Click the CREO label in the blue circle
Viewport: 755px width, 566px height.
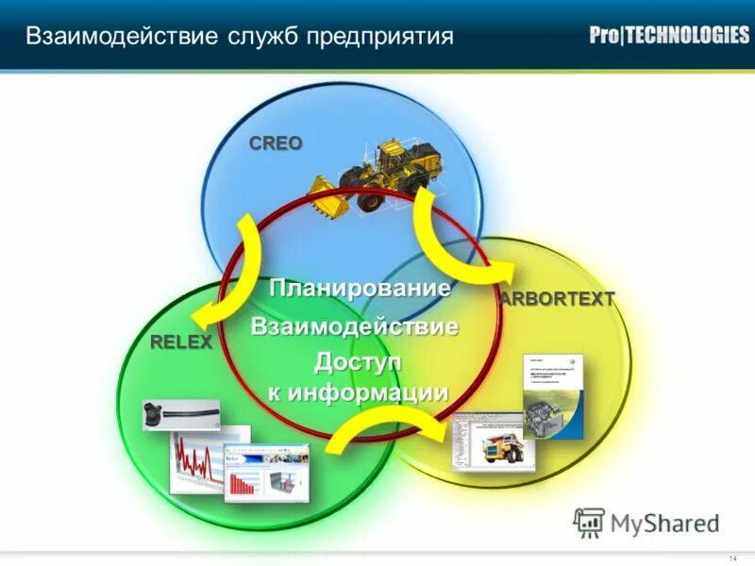click(x=276, y=143)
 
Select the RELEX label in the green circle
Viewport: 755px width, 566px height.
click(x=181, y=341)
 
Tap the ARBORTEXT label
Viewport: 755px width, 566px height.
click(x=557, y=299)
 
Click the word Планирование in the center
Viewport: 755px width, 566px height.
click(x=359, y=289)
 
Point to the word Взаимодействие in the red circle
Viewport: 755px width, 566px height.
click(x=354, y=327)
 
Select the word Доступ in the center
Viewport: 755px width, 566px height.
click(x=358, y=361)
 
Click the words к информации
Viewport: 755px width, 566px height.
click(x=358, y=392)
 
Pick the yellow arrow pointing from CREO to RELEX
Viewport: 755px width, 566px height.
click(x=231, y=274)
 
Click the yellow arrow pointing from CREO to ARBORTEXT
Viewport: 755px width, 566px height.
click(x=453, y=236)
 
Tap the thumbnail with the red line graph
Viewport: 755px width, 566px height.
click(x=198, y=462)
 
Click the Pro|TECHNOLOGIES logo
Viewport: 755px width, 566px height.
click(x=669, y=36)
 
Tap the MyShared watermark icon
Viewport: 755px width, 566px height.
click(x=589, y=522)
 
